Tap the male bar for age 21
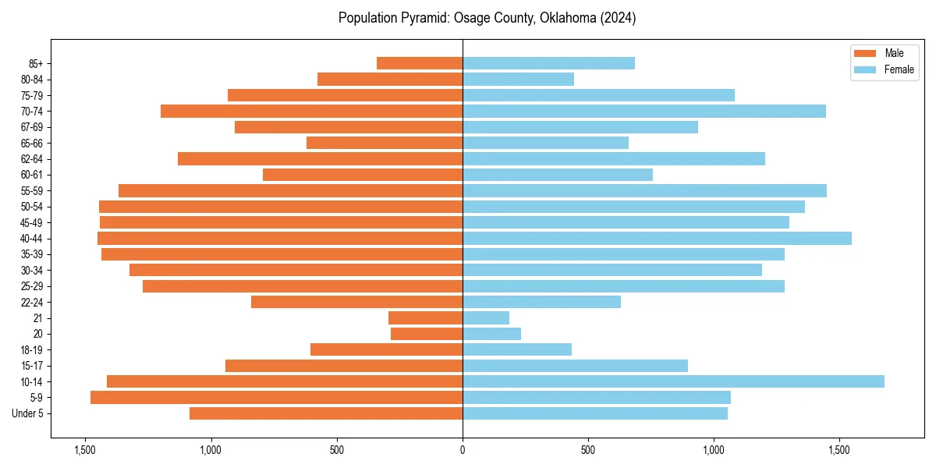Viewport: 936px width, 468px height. tap(425, 317)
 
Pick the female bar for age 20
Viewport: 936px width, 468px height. tap(491, 334)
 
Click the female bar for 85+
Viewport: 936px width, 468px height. tap(548, 63)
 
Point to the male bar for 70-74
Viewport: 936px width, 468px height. tap(311, 111)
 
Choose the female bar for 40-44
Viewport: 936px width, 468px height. tap(657, 238)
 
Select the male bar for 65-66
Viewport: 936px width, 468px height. tap(385, 143)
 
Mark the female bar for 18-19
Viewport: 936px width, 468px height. tap(517, 349)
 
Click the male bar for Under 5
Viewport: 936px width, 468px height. tap(326, 413)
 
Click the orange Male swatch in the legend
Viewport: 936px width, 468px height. tap(866, 53)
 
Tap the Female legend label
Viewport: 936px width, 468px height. tap(899, 69)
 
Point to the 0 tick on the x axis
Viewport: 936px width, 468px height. tap(463, 450)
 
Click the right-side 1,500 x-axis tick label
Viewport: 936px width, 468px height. tap(839, 450)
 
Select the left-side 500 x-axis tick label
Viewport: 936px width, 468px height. tap(337, 450)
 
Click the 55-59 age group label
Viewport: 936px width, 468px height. tap(31, 190)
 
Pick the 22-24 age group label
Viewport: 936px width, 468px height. tap(31, 302)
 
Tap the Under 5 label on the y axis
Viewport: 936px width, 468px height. tap(28, 413)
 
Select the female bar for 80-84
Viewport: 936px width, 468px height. tap(518, 79)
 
